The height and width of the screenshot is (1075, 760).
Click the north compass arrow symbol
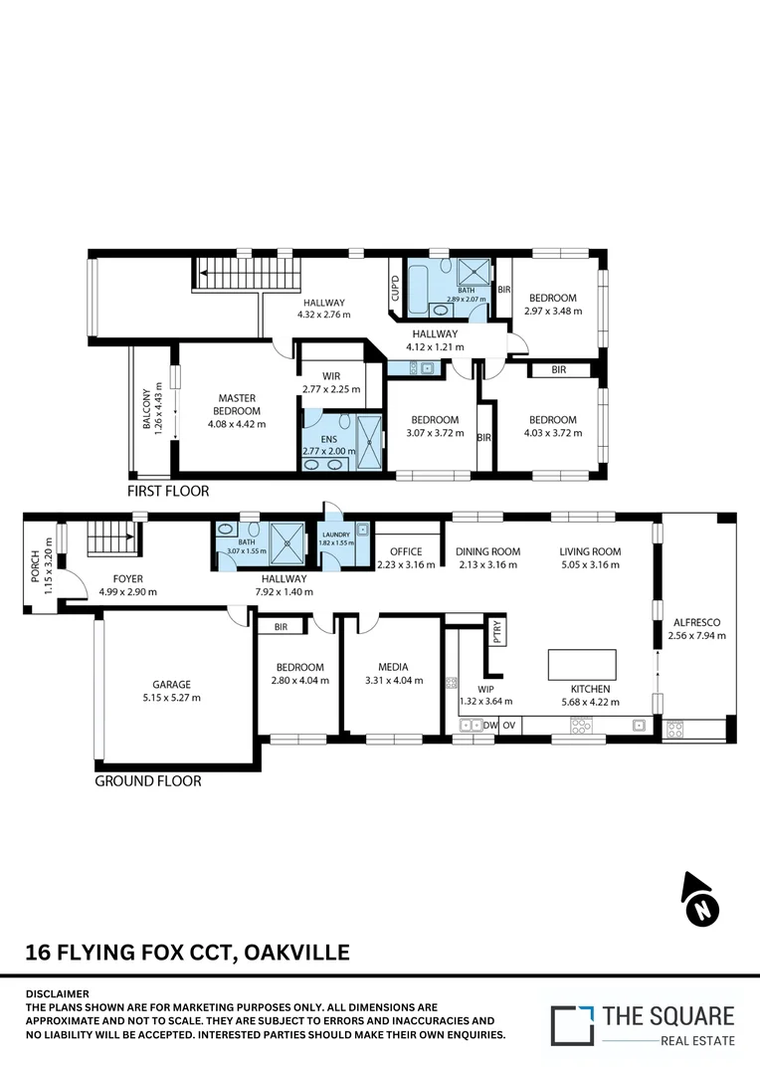[x=700, y=900]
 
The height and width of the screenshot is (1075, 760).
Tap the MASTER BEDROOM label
[x=238, y=404]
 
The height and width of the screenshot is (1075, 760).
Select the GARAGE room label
[x=171, y=685]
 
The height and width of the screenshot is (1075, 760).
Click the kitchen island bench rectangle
[x=582, y=664]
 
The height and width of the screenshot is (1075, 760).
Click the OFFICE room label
[x=406, y=551]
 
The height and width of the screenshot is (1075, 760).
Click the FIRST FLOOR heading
[x=167, y=491]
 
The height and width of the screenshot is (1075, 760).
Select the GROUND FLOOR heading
[x=147, y=781]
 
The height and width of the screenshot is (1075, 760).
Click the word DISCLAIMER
[x=57, y=993]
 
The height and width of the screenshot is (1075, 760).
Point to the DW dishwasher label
[x=490, y=726]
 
